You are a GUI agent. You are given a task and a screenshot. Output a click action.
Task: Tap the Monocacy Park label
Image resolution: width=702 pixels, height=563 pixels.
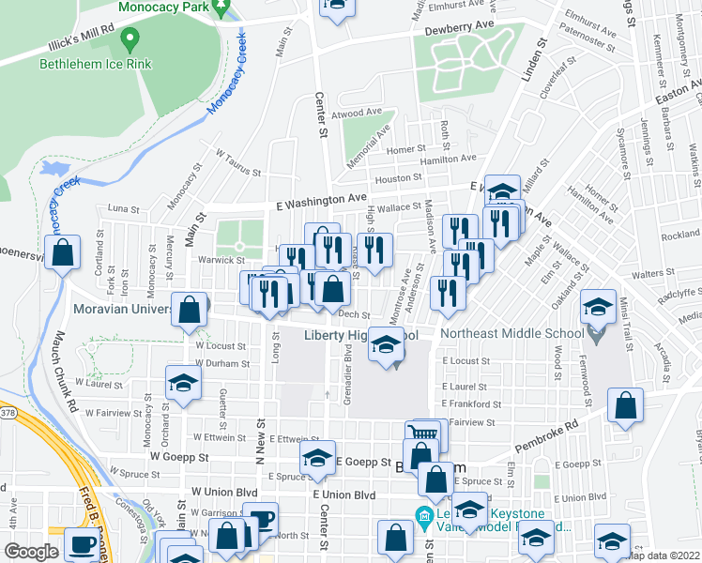click(162, 7)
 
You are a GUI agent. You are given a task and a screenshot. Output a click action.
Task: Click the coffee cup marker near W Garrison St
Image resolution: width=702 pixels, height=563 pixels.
click(260, 519)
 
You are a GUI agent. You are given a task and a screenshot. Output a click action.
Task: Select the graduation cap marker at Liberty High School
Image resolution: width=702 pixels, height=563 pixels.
click(385, 344)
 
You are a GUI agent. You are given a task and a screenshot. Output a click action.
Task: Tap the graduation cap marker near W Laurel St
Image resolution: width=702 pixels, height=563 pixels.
click(183, 382)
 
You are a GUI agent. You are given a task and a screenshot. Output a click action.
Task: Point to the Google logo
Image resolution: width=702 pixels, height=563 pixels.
click(31, 552)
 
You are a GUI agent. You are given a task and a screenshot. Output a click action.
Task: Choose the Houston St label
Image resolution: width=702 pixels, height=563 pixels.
click(396, 178)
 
